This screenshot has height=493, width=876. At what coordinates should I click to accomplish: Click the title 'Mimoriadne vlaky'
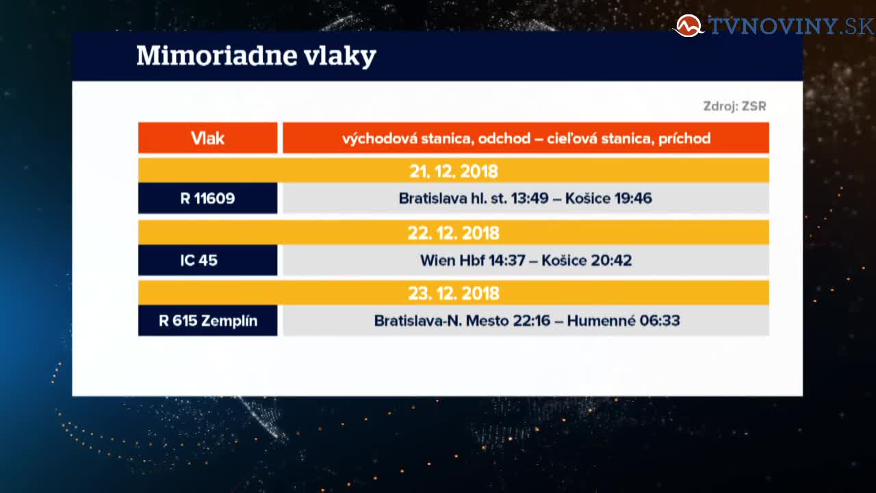256,56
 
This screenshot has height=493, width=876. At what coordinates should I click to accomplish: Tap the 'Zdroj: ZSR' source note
734,106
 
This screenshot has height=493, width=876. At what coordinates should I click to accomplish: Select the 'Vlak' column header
207,138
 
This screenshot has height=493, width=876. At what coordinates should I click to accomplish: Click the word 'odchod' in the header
504,138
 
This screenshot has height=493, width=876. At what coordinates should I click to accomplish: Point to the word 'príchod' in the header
684,139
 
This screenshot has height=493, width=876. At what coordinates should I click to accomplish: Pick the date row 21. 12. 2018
454,170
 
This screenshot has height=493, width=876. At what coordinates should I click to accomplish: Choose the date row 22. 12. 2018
454,233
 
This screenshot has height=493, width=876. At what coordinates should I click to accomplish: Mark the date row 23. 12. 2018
454,293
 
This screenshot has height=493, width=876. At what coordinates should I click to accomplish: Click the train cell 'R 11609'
207,199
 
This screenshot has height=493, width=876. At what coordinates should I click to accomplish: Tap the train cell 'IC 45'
207,260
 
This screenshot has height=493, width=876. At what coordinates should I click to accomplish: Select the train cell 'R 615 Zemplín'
207,321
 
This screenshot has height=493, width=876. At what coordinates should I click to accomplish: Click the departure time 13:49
530,199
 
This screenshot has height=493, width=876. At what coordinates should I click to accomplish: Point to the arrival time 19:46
633,199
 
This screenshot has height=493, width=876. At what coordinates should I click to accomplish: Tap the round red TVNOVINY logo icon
688,26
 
